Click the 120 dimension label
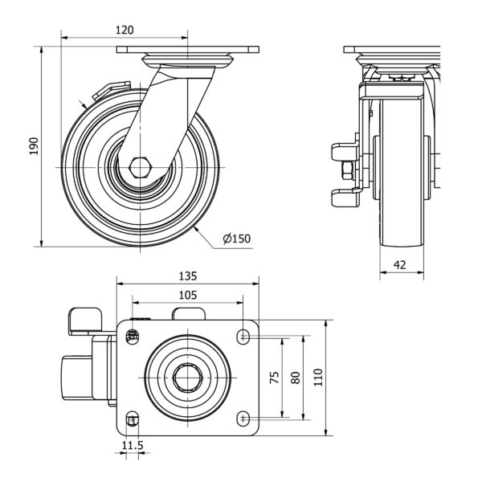pyautogui.click(x=124, y=30)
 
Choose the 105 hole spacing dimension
pyautogui.click(x=187, y=295)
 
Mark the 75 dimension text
pyautogui.click(x=274, y=377)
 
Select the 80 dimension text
pyautogui.click(x=295, y=377)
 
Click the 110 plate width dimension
pyautogui.click(x=317, y=377)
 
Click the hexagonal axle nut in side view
pyautogui.click(x=139, y=167)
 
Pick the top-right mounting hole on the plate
pyautogui.click(x=243, y=336)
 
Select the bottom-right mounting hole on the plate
pyautogui.click(x=243, y=418)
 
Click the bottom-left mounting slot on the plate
pyautogui.click(x=133, y=419)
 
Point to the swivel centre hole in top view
pyautogui.click(x=188, y=376)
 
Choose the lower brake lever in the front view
pyautogui.click(x=344, y=195)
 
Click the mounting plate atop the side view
pyautogui.click(x=189, y=50)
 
